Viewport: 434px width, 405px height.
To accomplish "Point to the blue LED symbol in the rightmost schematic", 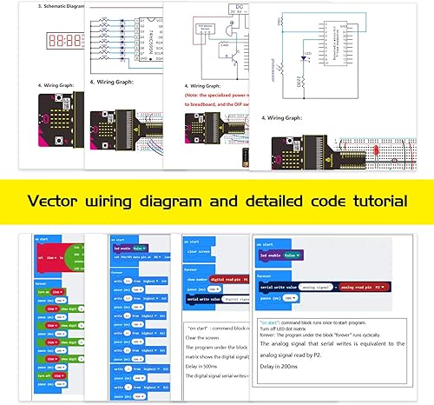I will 304,59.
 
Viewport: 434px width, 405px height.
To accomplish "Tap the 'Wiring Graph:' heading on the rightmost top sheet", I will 290,116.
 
